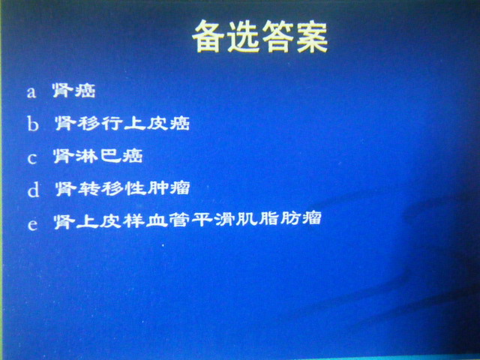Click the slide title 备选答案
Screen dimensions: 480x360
pos(260,37)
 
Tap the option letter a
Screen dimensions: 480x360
pos(31,92)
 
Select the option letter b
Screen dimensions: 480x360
pos(33,124)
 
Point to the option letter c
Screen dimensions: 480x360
pos(32,158)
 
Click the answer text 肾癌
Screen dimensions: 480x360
pos(74,90)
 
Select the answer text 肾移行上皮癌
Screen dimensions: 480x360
pos(122,123)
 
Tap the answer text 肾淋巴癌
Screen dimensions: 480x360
pos(98,156)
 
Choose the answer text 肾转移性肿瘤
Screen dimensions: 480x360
pos(123,188)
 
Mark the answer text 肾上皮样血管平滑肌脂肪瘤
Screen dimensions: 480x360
pos(187,220)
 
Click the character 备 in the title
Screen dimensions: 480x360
pos(208,37)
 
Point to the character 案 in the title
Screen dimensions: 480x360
pos(312,37)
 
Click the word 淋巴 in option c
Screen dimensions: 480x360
pos(98,156)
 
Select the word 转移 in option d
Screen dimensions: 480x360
pos(100,188)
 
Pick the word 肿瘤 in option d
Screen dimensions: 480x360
pos(168,188)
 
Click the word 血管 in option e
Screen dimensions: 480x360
pos(165,220)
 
